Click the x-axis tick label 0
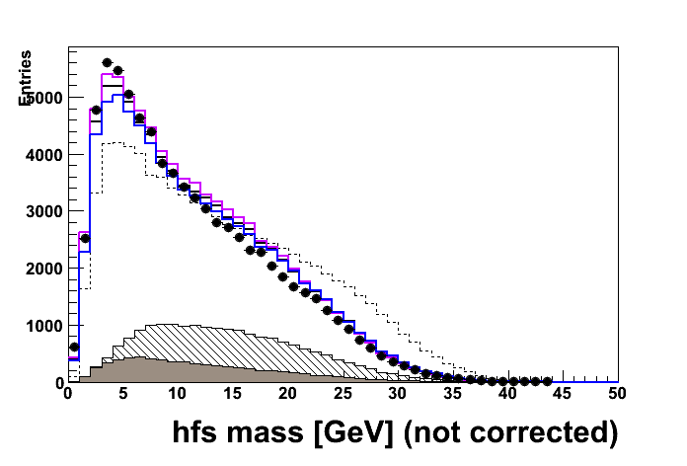point(67,394)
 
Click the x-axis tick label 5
point(122,394)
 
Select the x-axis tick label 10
point(178,394)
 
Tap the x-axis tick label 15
point(232,394)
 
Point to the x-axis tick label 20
point(287,394)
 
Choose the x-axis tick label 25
point(343,394)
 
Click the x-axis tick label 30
point(398,394)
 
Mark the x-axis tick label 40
point(507,394)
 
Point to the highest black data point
point(107,62)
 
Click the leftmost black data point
point(73,347)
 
